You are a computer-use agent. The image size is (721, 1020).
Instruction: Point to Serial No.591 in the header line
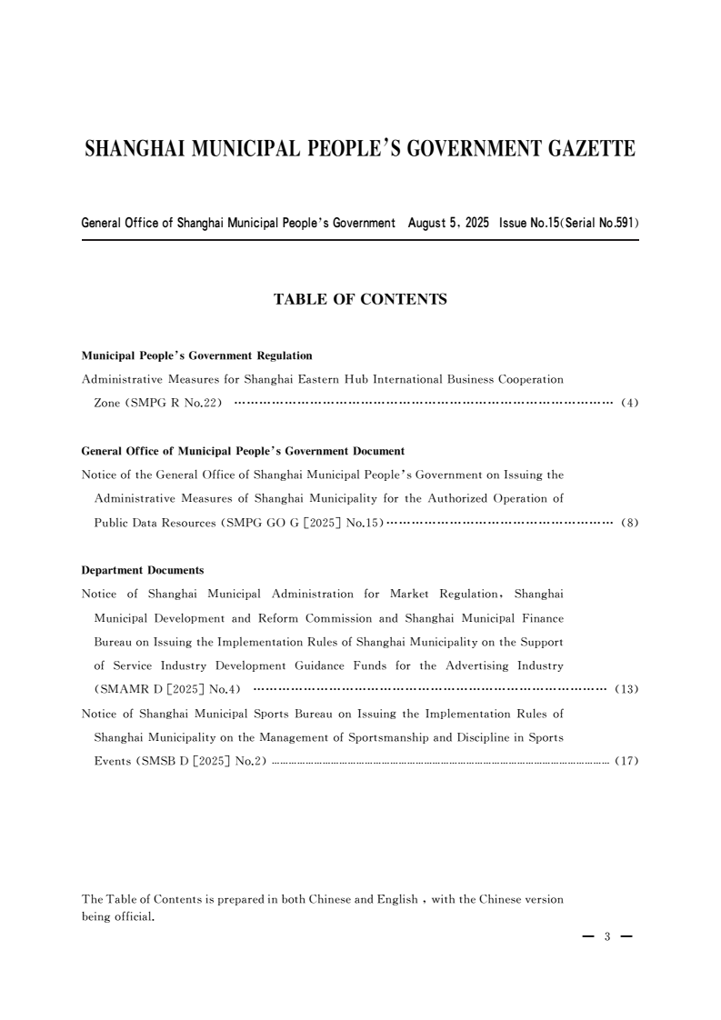point(597,223)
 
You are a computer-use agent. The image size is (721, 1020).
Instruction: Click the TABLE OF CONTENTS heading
point(360,299)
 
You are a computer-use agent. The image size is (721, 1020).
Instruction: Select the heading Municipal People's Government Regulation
point(197,355)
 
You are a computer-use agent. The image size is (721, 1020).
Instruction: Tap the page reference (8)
point(630,523)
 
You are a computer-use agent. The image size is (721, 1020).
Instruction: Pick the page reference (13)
point(627,689)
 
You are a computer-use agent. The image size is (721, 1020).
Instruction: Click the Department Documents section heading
point(143,570)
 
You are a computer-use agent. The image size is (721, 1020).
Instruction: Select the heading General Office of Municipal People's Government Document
point(243,451)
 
